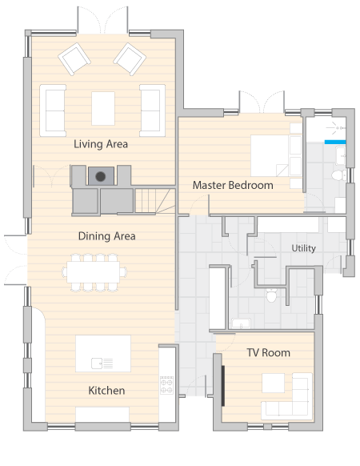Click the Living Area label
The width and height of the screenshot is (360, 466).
tap(101, 144)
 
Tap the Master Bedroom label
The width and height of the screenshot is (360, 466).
tap(233, 185)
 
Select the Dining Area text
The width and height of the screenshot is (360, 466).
tap(107, 236)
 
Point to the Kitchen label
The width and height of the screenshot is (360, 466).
tap(106, 391)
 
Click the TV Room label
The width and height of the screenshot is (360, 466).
tap(269, 353)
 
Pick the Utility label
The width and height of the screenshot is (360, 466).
tap(303, 248)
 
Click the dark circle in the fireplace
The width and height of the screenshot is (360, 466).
tap(100, 176)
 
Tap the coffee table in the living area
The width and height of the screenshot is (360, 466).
tap(103, 108)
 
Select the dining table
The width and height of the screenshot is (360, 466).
tap(94, 272)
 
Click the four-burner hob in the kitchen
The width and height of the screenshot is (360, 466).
tap(166, 385)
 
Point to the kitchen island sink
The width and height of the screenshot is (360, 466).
tap(97, 364)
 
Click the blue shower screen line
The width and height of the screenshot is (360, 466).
tap(335, 142)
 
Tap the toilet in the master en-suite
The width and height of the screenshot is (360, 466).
tap(338, 175)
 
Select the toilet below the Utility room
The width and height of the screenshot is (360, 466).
tap(271, 295)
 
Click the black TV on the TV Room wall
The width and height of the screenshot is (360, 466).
tap(222, 386)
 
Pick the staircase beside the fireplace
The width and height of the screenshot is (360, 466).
tap(155, 201)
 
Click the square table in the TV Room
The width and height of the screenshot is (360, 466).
tap(274, 383)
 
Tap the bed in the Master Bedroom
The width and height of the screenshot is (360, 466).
tap(277, 155)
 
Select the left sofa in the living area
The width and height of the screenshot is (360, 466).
tap(53, 110)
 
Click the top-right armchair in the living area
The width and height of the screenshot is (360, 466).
tap(130, 58)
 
